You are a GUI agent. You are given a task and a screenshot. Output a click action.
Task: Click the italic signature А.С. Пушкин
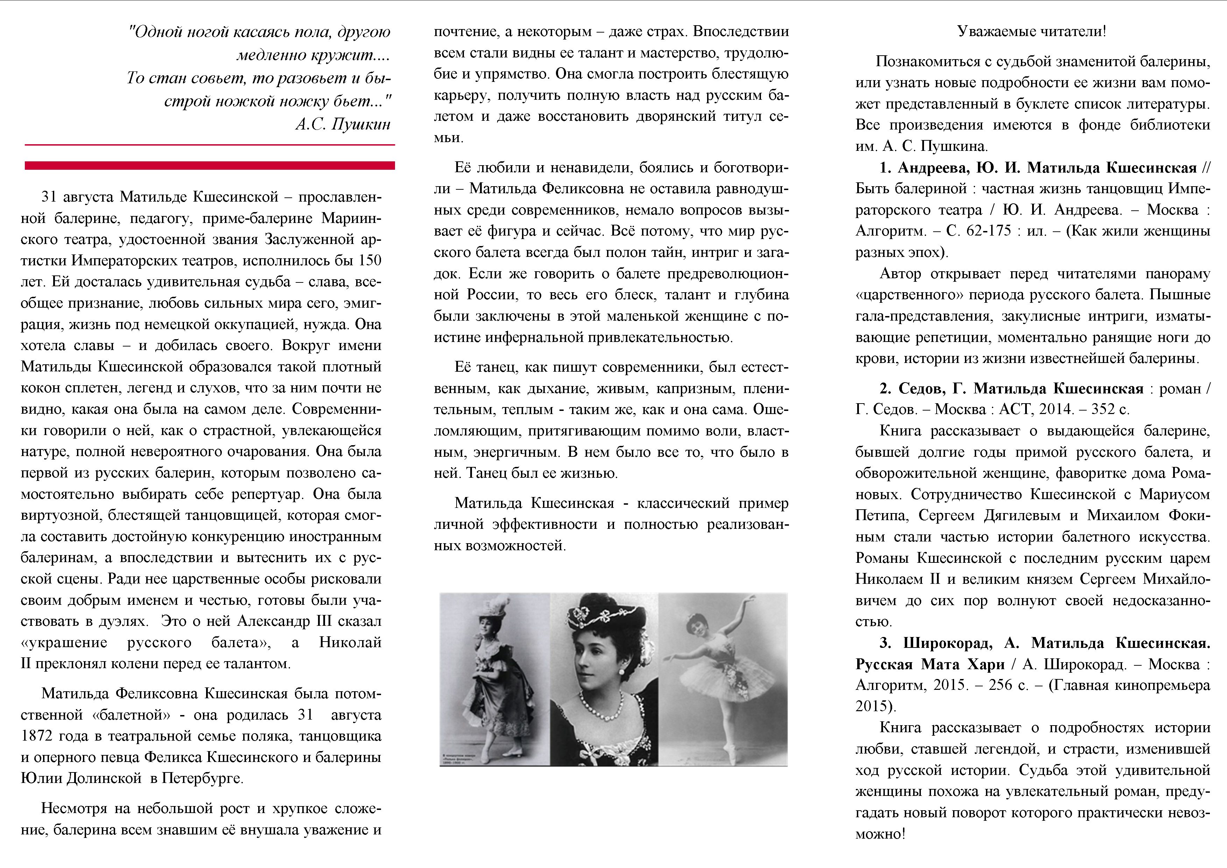click(343, 124)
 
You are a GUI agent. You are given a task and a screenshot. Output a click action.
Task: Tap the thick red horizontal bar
click(210, 166)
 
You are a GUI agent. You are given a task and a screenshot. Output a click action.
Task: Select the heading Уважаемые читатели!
click(1031, 31)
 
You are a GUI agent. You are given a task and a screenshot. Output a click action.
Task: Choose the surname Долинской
click(104, 778)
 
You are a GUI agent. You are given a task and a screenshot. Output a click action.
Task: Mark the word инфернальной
click(534, 337)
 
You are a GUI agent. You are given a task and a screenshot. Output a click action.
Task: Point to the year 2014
click(1056, 409)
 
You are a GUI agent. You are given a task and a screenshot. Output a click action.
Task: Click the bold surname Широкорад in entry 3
click(947, 643)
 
